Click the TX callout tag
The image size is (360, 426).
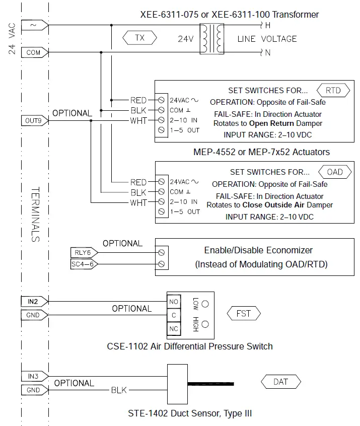click(x=139, y=38)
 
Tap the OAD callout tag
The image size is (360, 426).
click(x=335, y=172)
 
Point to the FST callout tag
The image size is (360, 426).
click(x=244, y=314)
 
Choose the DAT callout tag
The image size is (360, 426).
click(x=280, y=382)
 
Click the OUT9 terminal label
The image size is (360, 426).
click(x=34, y=120)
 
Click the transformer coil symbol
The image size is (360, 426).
click(x=211, y=38)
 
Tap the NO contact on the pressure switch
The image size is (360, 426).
click(x=174, y=302)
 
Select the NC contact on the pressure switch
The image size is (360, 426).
click(x=174, y=329)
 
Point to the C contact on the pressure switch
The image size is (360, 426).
click(x=174, y=315)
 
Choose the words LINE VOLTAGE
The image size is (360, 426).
click(x=267, y=39)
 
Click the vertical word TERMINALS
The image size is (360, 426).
click(x=35, y=214)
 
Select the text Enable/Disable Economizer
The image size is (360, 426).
click(x=258, y=250)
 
